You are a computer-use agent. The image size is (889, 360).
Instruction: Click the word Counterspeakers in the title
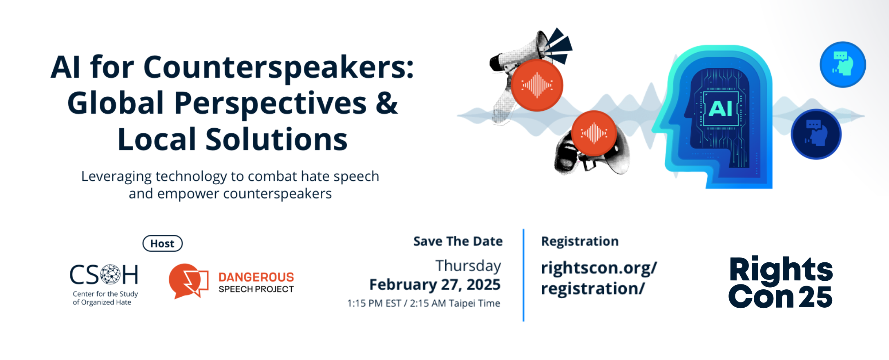coord(279,67)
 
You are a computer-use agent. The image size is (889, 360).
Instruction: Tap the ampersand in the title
coord(386,103)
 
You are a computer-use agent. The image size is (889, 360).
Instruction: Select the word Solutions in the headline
coord(276,139)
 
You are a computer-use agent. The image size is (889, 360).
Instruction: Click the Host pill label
coord(162,244)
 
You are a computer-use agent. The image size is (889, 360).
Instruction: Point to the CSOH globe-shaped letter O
coord(110,274)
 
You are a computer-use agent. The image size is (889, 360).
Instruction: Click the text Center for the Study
coord(105,294)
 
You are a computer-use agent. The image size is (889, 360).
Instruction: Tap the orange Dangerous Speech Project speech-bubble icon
coord(188,281)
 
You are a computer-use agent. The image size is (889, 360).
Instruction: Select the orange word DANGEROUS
coord(256,277)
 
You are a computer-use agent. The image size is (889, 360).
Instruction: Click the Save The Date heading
coord(458,241)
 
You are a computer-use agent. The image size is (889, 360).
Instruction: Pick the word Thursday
coord(468,266)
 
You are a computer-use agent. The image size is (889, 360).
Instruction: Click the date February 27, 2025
coord(435,284)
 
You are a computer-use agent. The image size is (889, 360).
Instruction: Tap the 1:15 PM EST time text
coord(374,303)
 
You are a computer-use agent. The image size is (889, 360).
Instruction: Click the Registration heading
coord(580,241)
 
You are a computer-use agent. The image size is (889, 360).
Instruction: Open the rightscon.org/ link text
coord(599,268)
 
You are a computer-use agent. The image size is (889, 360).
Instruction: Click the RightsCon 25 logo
coord(781,282)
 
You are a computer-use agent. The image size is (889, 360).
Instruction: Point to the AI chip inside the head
coord(721,109)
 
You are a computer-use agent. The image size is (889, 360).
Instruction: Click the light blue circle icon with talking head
coord(843,65)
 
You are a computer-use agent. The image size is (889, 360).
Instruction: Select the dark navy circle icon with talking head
coord(816,134)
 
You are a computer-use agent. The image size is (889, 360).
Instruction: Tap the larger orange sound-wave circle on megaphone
coord(537,85)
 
